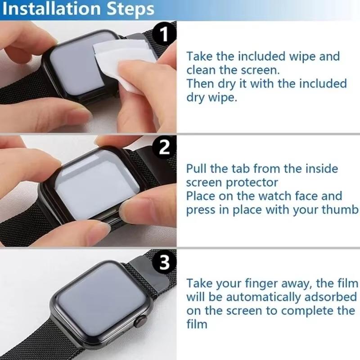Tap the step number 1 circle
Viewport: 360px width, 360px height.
click(x=165, y=34)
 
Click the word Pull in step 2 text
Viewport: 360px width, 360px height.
click(x=197, y=169)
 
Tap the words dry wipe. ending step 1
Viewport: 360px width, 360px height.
click(x=211, y=98)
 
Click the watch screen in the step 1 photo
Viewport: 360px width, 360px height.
click(x=74, y=67)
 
